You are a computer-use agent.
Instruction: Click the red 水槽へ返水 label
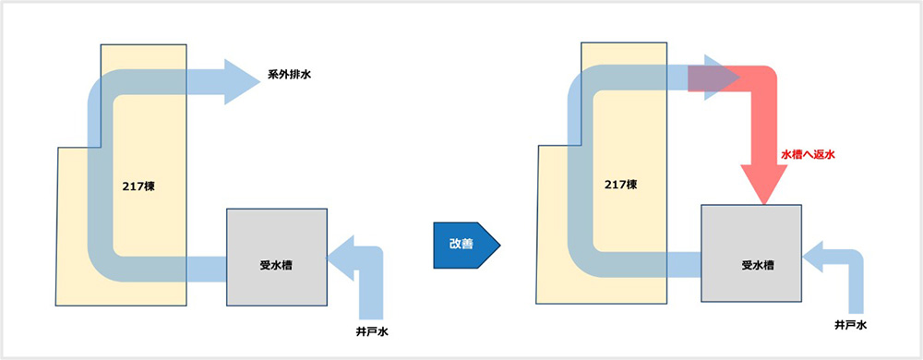[x=809, y=155]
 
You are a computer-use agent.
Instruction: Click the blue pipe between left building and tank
[x=207, y=268]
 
